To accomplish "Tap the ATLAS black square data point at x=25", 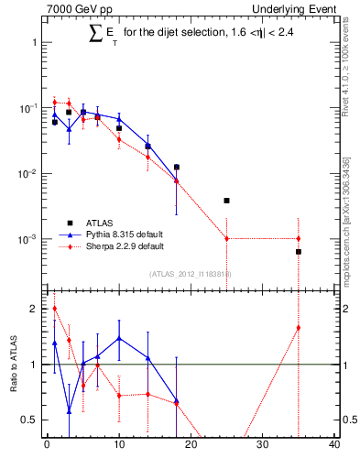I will pyautogui.click(x=226, y=200).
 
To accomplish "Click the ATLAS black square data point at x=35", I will pyautogui.click(x=299, y=251).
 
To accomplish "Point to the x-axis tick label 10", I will pyautogui.click(x=118, y=446).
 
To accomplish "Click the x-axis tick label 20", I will pyautogui.click(x=191, y=446).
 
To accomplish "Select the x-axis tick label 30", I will pyautogui.click(x=263, y=446).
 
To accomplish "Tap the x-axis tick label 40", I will pyautogui.click(x=334, y=446).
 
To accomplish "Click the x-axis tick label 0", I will pyautogui.click(x=47, y=446).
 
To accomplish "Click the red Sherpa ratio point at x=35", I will pyautogui.click(x=299, y=328).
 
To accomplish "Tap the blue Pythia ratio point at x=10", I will pyautogui.click(x=119, y=338).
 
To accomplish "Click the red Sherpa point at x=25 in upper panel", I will pyautogui.click(x=226, y=238).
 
